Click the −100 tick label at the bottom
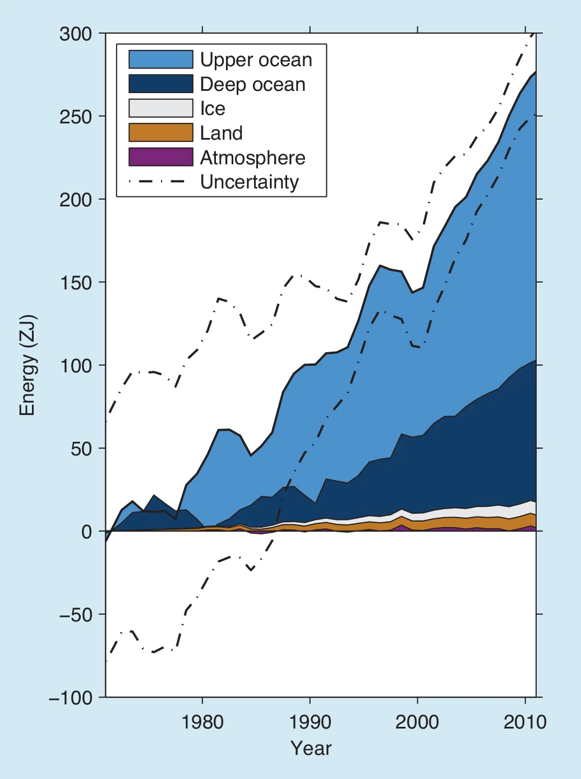[x=70, y=698]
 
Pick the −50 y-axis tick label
[x=75, y=615]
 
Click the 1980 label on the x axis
[x=202, y=722]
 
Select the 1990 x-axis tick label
[x=310, y=722]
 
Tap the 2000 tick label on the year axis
[x=417, y=722]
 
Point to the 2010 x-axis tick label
[x=525, y=722]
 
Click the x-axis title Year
[x=311, y=748]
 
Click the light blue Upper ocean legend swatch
[x=161, y=59]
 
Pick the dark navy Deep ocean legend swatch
[x=161, y=84]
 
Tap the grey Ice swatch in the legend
[x=161, y=108]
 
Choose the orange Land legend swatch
[x=161, y=133]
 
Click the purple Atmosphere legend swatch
[x=161, y=157]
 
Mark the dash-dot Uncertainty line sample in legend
[x=158, y=182]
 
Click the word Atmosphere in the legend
[x=252, y=158]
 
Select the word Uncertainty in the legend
[x=250, y=182]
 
